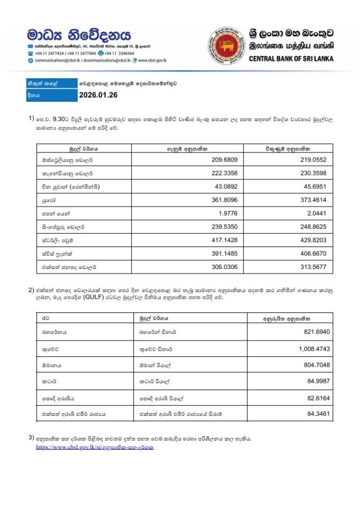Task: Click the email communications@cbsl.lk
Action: [58, 60]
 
